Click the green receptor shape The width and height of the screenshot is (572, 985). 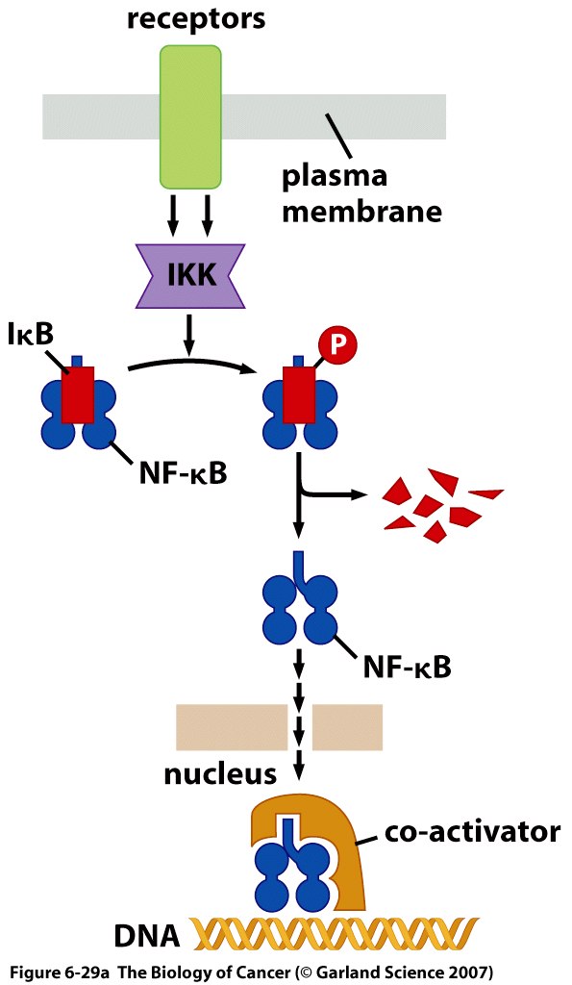[x=190, y=116]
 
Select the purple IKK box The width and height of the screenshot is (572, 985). [x=191, y=275]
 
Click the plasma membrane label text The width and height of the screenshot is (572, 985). [x=361, y=193]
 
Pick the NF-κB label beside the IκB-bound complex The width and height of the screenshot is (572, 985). [x=182, y=471]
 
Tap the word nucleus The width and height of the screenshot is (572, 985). [x=220, y=773]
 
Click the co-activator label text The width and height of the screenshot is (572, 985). [x=471, y=831]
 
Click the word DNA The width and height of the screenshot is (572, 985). [x=147, y=937]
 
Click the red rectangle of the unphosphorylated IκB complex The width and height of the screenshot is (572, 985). [x=78, y=394]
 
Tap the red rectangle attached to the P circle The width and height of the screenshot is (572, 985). [x=299, y=394]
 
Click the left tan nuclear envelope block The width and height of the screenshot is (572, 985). [x=232, y=727]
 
